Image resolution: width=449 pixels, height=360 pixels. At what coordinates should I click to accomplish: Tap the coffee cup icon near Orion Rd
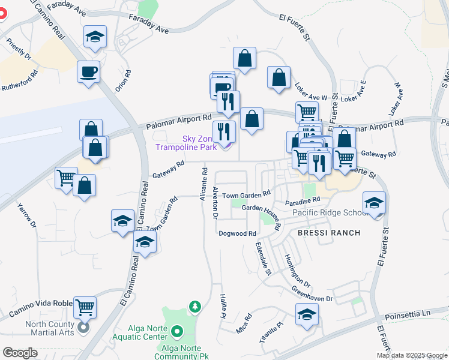[89, 73]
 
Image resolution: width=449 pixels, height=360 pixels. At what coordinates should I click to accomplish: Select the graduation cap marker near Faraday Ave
[95, 37]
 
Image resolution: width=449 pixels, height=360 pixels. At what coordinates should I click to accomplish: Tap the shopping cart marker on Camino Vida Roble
[85, 307]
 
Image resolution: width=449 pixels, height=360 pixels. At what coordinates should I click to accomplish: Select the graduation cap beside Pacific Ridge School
[374, 203]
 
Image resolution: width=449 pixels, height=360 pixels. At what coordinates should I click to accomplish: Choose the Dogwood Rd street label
[238, 233]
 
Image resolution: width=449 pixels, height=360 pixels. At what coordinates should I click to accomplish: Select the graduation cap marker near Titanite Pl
[307, 314]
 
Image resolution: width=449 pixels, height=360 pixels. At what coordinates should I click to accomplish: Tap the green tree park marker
[194, 308]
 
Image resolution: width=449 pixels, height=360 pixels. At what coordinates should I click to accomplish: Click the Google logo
[20, 353]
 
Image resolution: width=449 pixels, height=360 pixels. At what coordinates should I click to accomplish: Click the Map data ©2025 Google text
[411, 355]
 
